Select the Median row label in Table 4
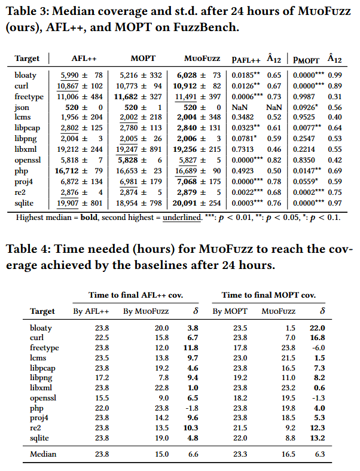pos(43,454)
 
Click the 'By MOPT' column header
pos(226,311)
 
